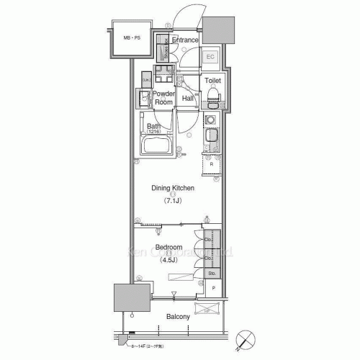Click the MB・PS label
click(131, 37)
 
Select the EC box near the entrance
click(212, 57)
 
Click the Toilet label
click(212, 81)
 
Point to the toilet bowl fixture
click(213, 95)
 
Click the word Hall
click(188, 98)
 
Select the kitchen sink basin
click(213, 136)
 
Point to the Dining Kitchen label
click(173, 189)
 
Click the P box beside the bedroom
click(214, 289)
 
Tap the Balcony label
click(178, 317)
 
